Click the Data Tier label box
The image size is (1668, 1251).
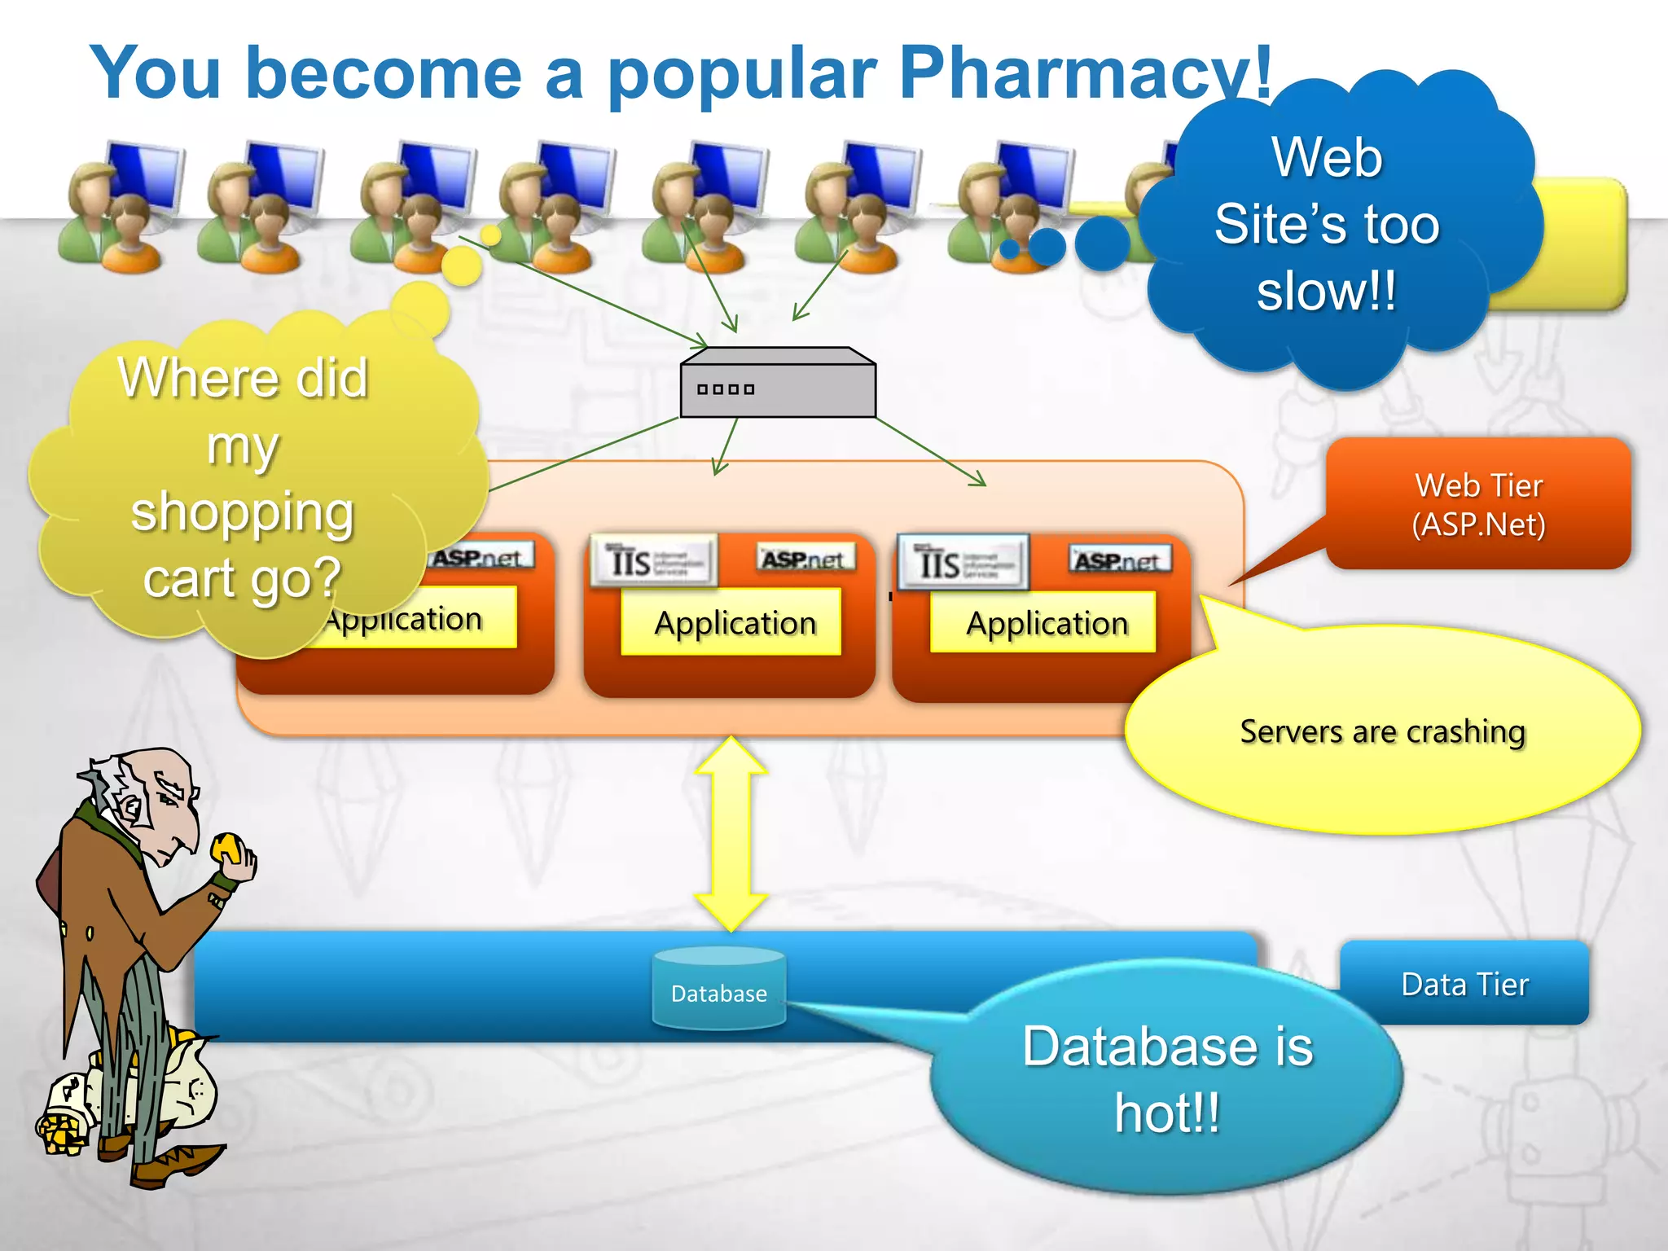coord(1464,984)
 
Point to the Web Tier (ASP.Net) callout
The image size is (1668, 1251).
coord(1478,504)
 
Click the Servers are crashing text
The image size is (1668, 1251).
coord(1382,731)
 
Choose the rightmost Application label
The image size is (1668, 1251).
coord(1046,623)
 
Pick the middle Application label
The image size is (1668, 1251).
coord(735,623)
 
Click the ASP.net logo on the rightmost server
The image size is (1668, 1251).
coord(1119,560)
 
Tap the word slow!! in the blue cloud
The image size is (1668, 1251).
coord(1326,292)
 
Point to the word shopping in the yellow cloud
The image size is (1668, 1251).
coord(242,512)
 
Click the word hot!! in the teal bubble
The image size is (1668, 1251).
coord(1167,1113)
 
